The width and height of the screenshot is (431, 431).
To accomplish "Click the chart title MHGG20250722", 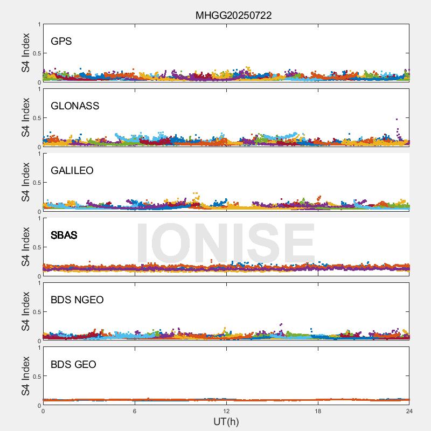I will coord(233,15).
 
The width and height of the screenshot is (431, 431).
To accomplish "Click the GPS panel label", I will coord(61,41).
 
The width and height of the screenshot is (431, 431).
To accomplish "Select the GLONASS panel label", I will coord(75,106).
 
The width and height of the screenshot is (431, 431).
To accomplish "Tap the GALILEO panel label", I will coord(72,171).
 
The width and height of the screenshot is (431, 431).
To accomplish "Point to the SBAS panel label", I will coord(64,235).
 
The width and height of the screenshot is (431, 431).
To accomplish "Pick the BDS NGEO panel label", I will coord(77,300).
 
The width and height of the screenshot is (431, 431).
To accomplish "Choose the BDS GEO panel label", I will coord(73,365).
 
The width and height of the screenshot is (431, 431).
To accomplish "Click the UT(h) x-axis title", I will coord(226,421).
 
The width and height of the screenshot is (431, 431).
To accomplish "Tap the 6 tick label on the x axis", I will coord(135,411).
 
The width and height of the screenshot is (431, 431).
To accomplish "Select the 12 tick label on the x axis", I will coord(226,411).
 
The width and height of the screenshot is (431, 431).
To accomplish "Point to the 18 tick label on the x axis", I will coord(318,411).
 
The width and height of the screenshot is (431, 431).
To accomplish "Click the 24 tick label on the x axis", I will coord(409,411).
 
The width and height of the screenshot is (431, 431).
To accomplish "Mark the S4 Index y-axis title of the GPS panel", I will coord(25,53).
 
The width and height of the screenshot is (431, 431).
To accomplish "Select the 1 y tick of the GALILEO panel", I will coord(39,154).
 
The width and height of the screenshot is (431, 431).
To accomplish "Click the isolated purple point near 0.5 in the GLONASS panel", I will coord(397,119).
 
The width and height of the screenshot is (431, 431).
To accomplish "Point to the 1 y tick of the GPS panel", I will coord(39,24).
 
